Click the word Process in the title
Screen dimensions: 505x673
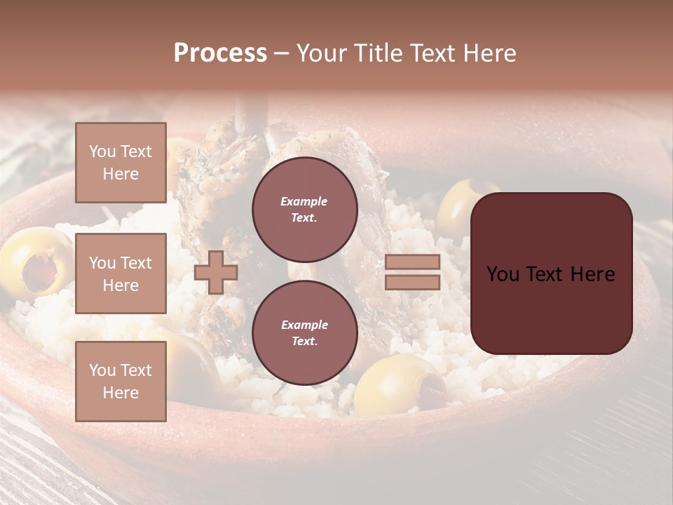point(220,53)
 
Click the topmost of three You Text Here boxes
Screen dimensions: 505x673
point(121,163)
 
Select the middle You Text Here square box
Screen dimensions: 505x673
point(121,274)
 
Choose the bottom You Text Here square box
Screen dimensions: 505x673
point(121,381)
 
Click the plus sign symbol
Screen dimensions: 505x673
point(216,272)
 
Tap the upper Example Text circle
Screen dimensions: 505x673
point(304,209)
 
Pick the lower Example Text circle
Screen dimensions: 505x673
point(304,332)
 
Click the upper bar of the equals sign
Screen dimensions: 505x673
point(412,262)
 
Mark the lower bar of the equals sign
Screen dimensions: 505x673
point(412,283)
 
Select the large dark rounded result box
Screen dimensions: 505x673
point(551,273)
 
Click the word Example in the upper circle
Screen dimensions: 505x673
point(304,201)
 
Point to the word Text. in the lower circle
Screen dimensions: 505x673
point(304,341)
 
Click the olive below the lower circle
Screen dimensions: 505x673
point(400,384)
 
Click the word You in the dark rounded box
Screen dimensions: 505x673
point(503,274)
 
